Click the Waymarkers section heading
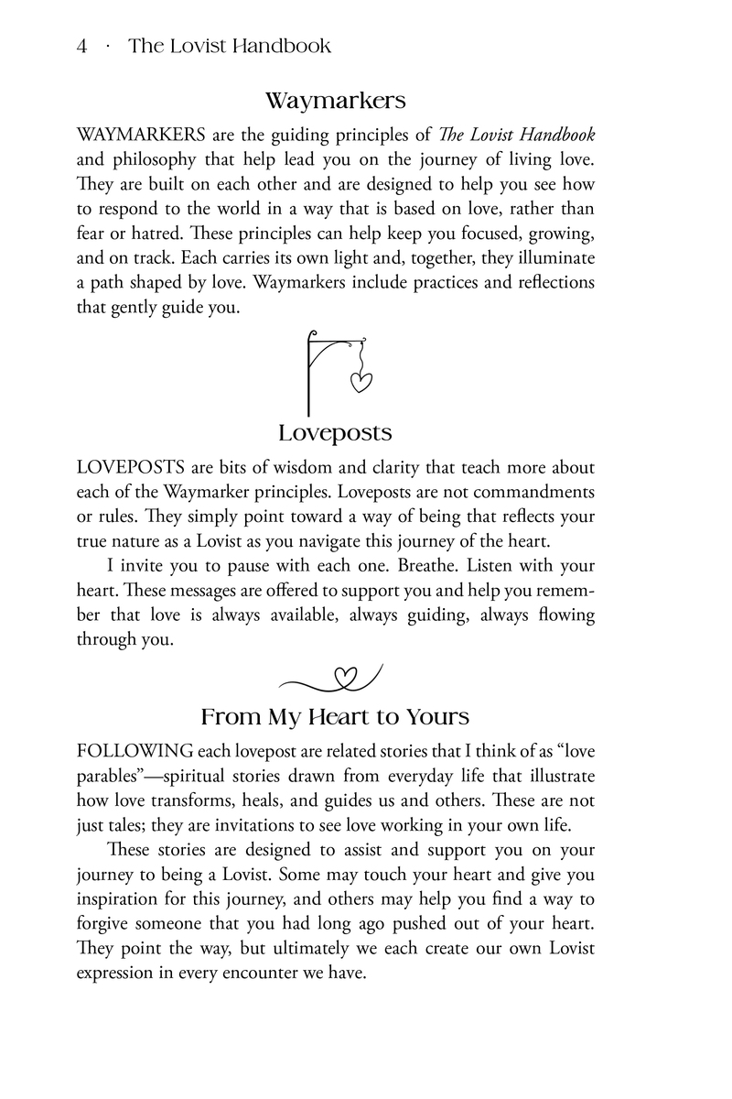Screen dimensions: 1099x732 pos(335,99)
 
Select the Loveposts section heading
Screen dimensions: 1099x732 pos(335,432)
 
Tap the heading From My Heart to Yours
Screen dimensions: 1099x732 pos(335,715)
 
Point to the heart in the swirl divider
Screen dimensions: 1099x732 pos(345,678)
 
